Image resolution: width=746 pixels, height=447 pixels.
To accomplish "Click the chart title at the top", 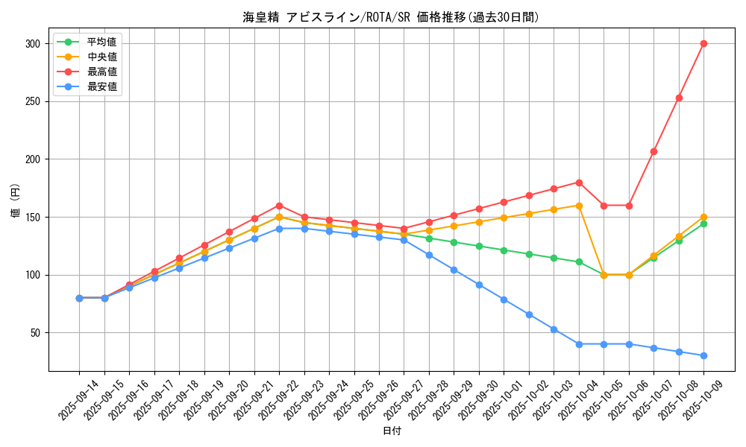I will coord(390,17).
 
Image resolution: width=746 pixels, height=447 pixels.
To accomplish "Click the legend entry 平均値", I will coord(102,42).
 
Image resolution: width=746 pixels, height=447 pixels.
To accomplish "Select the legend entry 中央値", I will coord(102,57).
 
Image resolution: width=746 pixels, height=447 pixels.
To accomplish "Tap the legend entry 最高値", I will coord(102,72).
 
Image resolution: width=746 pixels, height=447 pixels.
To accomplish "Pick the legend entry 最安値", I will coord(102,86).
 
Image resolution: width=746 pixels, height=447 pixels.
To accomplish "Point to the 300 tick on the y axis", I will coord(31,44).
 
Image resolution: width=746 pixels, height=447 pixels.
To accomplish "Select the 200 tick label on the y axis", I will coord(31,159).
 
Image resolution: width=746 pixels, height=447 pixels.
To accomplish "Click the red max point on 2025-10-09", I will coord(703,43).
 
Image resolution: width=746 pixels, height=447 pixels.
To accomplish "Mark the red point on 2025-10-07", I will coord(653,151).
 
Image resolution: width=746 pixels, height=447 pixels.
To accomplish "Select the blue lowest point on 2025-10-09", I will coord(703,355).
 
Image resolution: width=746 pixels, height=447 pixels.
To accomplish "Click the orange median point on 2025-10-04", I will coord(579,205).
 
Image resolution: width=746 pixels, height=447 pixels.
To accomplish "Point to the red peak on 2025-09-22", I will coord(279,206).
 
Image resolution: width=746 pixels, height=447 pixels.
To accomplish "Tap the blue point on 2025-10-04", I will coord(579,344).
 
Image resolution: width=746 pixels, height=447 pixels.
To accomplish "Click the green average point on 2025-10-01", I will coord(504,250).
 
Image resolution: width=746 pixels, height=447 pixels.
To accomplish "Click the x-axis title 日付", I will coord(392,431).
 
